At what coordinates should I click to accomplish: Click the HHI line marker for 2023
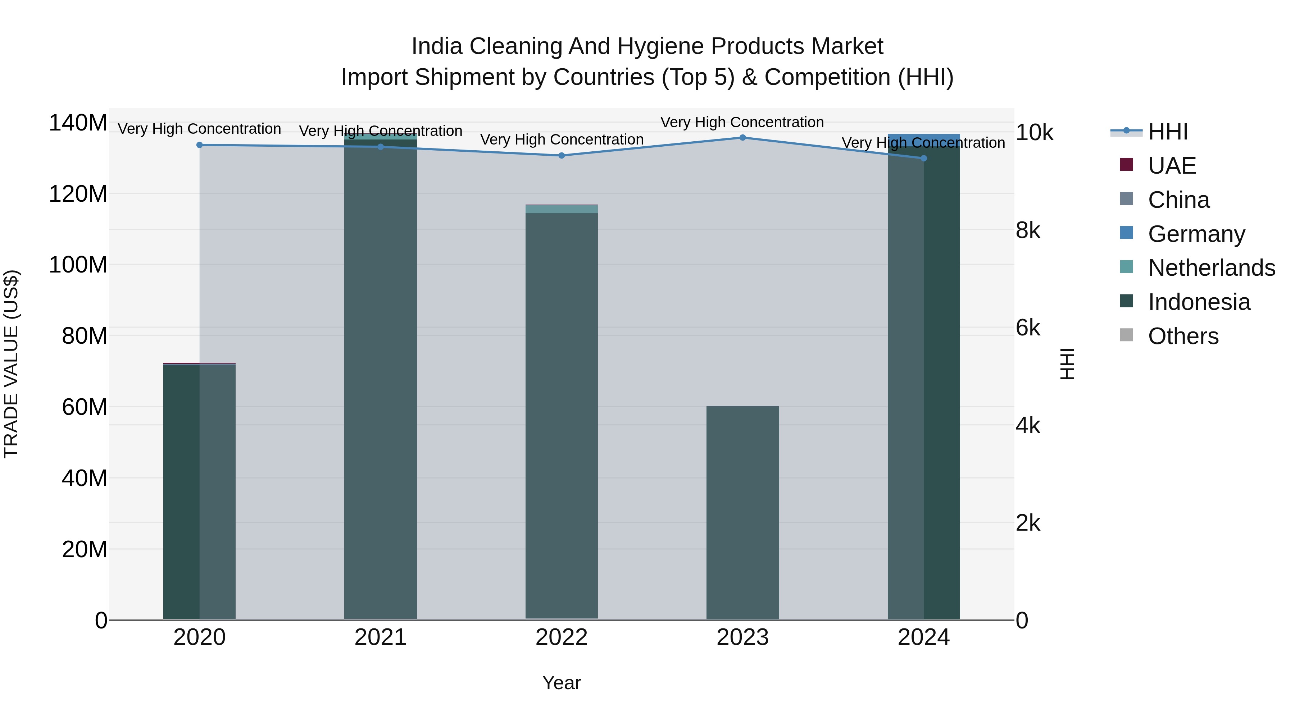[742, 138]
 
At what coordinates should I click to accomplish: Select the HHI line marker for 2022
[562, 156]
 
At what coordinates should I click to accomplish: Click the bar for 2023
[742, 512]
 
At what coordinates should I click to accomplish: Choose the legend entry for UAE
[1171, 166]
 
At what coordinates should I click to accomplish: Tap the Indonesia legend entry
[1199, 302]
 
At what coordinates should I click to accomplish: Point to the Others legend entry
[1183, 336]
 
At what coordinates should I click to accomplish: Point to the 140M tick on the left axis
[78, 123]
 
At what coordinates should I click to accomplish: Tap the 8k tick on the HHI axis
[1028, 230]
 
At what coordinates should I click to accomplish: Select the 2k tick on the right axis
[1028, 523]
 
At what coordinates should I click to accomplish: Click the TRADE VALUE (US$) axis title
[11, 364]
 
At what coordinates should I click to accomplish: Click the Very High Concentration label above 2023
[742, 123]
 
